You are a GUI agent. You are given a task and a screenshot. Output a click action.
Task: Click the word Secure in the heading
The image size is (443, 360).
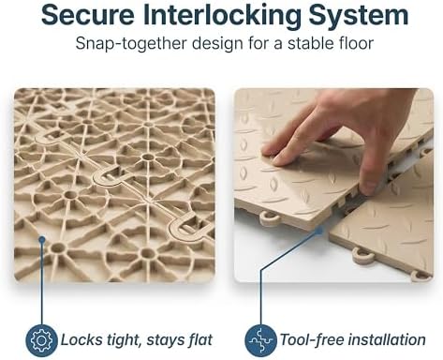tap(88, 15)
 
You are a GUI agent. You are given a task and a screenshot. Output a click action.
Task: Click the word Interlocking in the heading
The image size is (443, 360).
tap(222, 17)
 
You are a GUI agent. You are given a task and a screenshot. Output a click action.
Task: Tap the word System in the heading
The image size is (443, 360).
tap(359, 17)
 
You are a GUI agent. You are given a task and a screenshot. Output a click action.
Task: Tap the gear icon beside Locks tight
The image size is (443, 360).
tap(42, 340)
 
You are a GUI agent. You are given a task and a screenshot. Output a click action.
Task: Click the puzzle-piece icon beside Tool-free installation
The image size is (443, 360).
tap(260, 340)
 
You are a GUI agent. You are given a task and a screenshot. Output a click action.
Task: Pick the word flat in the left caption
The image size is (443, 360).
tap(200, 339)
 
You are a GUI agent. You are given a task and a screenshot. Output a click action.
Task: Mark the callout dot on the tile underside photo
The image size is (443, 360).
tap(42, 240)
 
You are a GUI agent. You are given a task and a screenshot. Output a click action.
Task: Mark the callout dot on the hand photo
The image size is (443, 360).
tap(319, 232)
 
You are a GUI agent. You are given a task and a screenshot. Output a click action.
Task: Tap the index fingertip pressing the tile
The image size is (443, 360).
tap(269, 149)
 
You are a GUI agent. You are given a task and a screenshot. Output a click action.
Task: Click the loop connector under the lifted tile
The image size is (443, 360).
tap(269, 218)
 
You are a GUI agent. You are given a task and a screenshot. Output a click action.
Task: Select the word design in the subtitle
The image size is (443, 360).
tap(217, 44)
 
